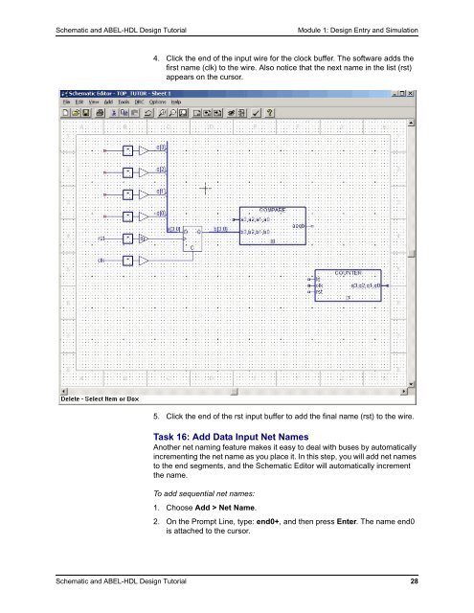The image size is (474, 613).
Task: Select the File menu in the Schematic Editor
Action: (66, 101)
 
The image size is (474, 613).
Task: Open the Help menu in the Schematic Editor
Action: (175, 101)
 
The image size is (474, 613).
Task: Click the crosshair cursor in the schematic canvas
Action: (204, 189)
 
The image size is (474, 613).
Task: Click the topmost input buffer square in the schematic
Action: (127, 150)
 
